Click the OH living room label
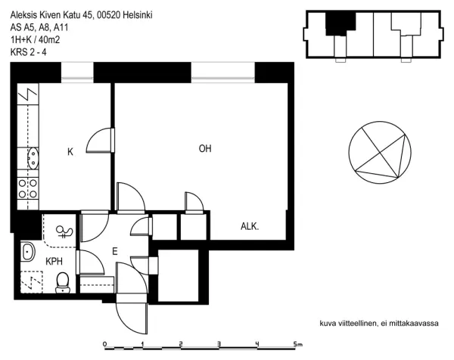coord(205,149)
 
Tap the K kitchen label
coord(70,152)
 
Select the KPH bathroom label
coord(54,262)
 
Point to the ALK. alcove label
coord(250,226)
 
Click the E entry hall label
coord(115,251)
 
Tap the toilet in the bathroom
coord(63,283)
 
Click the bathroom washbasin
coord(27,251)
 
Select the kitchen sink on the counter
coord(33,158)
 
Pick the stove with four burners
coord(28,188)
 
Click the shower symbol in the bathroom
coord(64,231)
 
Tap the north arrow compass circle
coord(380,152)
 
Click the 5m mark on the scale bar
coord(297,344)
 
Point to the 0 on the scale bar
coord(105,344)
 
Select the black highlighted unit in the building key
coord(340,23)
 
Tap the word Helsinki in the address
coord(138,15)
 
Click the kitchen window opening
coord(77,73)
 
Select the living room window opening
coord(223,73)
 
